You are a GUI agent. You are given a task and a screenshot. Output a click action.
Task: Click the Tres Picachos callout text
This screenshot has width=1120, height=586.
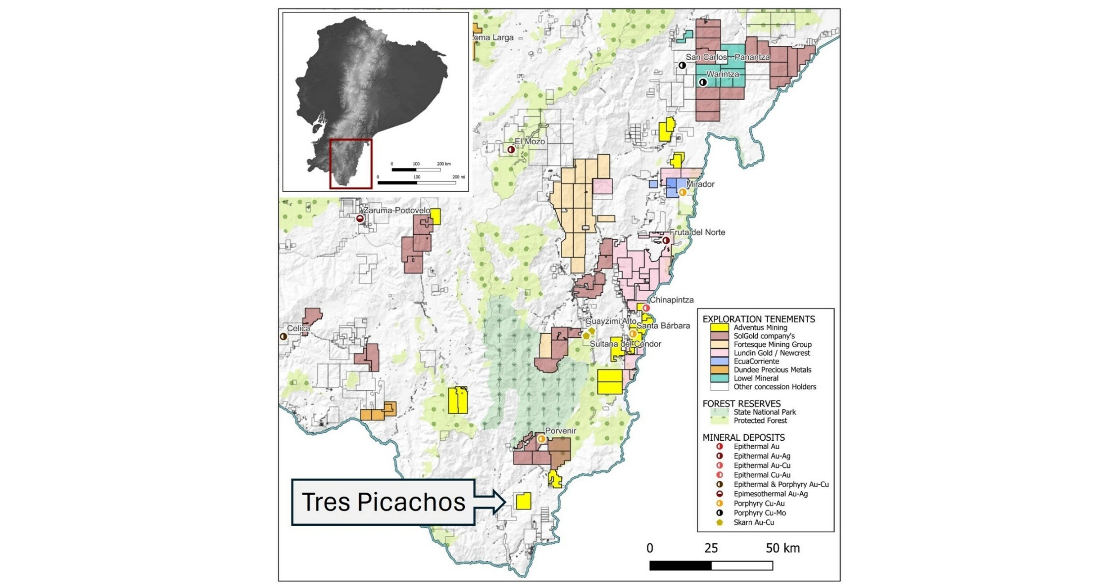[383, 502]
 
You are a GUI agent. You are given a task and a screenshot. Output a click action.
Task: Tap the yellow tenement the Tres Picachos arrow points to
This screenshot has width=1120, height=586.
[523, 501]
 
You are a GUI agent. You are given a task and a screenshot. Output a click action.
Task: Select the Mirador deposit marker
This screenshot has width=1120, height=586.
[682, 192]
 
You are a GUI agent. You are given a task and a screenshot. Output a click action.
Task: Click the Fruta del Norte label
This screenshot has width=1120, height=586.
[697, 232]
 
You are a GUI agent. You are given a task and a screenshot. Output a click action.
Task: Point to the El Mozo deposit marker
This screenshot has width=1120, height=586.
[511, 149]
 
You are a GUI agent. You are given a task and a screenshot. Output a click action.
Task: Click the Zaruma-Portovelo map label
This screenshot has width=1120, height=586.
[396, 210]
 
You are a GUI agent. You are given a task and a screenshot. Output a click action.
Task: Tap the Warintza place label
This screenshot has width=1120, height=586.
[722, 74]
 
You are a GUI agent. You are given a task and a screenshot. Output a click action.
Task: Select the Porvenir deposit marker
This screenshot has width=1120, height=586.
[541, 438]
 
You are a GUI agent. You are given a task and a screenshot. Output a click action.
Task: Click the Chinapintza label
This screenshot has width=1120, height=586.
[671, 300]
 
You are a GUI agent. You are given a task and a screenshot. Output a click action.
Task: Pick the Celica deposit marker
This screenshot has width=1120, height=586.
[283, 336]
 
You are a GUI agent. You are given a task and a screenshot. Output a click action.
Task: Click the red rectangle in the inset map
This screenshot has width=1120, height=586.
[351, 164]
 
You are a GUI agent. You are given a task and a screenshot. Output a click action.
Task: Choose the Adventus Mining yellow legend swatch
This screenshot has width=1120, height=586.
[719, 328]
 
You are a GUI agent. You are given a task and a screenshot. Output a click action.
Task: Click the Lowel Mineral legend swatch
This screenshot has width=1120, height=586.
[719, 378]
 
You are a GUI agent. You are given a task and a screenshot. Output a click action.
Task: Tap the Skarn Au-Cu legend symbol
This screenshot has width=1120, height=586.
[720, 523]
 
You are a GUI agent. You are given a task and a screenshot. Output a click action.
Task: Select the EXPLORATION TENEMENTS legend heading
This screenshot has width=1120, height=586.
[759, 319]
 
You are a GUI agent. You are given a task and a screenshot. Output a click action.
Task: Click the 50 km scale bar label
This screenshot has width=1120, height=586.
[783, 548]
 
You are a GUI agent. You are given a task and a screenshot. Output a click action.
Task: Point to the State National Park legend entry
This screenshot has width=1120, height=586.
[765, 412]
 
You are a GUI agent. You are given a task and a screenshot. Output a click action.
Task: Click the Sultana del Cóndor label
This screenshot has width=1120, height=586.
[625, 344]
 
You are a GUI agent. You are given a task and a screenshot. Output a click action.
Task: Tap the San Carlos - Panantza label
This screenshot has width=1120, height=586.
[727, 57]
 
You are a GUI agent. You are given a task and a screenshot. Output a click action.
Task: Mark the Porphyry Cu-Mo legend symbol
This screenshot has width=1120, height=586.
[720, 513]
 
